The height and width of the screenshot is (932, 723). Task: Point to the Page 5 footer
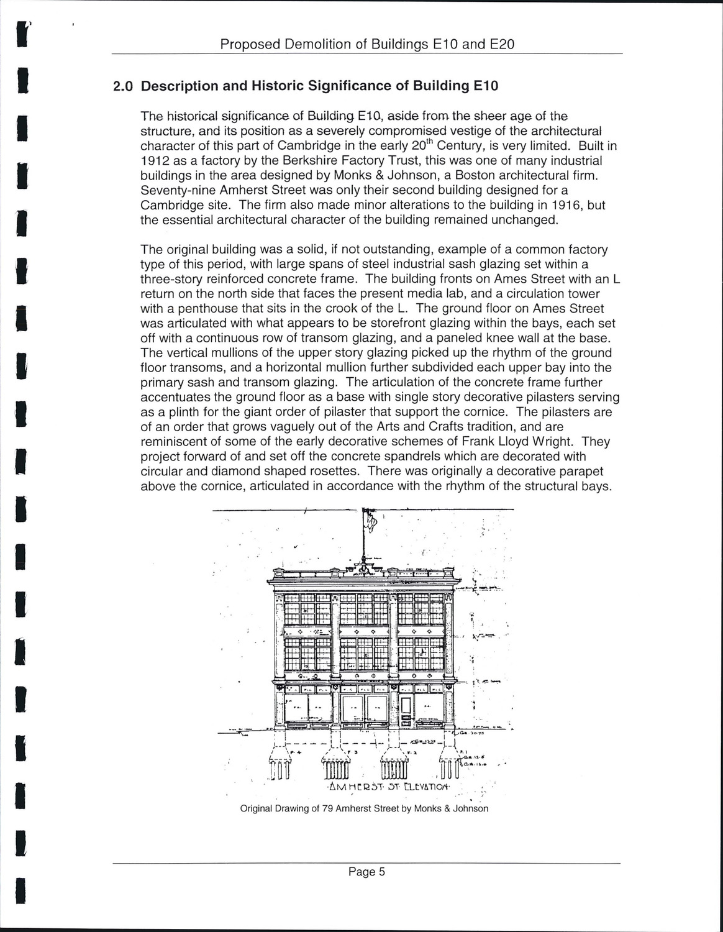click(x=366, y=872)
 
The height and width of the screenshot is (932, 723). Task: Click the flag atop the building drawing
click(x=371, y=519)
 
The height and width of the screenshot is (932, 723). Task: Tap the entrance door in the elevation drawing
click(x=406, y=711)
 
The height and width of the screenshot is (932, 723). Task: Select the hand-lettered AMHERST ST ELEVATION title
click(x=390, y=787)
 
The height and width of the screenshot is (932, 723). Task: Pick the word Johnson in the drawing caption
click(x=470, y=808)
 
